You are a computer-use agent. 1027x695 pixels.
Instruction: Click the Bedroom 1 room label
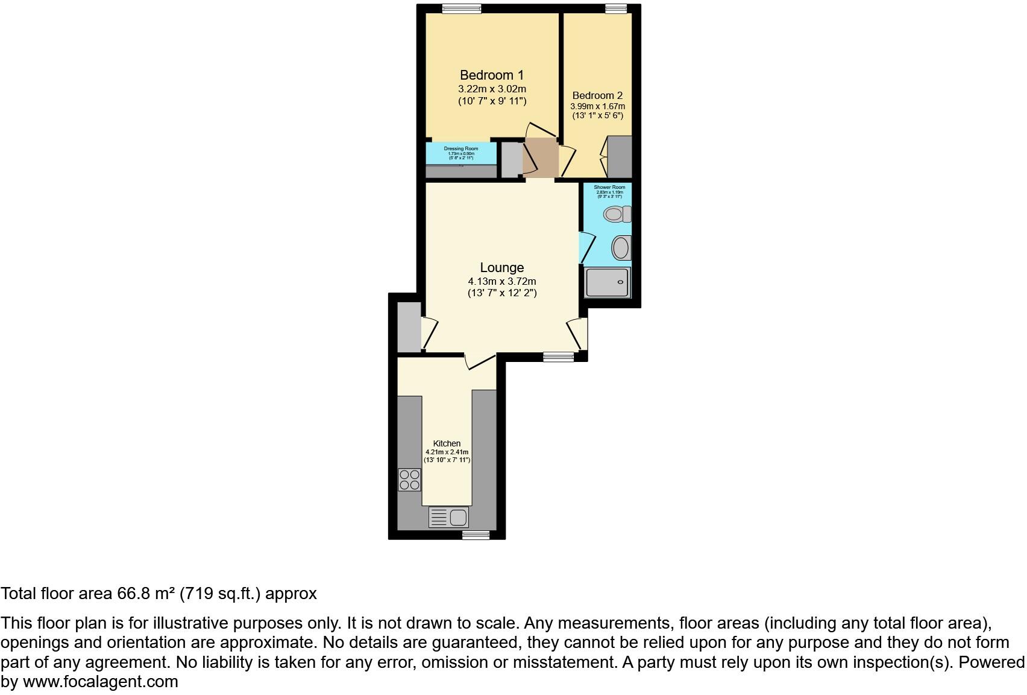tap(491, 75)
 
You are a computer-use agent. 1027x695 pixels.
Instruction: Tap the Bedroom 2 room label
tap(597, 95)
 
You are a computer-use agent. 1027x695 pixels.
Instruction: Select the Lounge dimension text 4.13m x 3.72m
tap(501, 281)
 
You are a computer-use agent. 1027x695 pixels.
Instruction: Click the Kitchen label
tap(447, 443)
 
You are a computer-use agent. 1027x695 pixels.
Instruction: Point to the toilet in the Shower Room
tap(616, 214)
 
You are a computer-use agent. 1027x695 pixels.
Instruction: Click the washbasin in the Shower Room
tap(620, 248)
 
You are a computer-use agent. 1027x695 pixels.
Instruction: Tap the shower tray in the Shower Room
tap(608, 282)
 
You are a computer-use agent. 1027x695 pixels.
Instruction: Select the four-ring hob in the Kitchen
tap(409, 480)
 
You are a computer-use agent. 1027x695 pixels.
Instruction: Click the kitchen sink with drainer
tap(448, 518)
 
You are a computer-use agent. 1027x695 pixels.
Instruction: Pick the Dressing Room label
tap(461, 148)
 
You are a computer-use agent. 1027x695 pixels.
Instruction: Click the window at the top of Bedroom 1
tap(461, 8)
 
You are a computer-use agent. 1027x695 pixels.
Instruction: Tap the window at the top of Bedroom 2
tap(615, 8)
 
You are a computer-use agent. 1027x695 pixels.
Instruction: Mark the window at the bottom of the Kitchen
tap(476, 535)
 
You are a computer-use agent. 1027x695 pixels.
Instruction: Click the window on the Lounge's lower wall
tap(558, 357)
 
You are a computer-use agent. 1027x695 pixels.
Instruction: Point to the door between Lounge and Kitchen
tap(480, 360)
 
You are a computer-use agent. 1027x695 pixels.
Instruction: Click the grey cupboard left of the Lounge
tap(408, 326)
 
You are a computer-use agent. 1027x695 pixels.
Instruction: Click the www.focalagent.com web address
tap(100, 682)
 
